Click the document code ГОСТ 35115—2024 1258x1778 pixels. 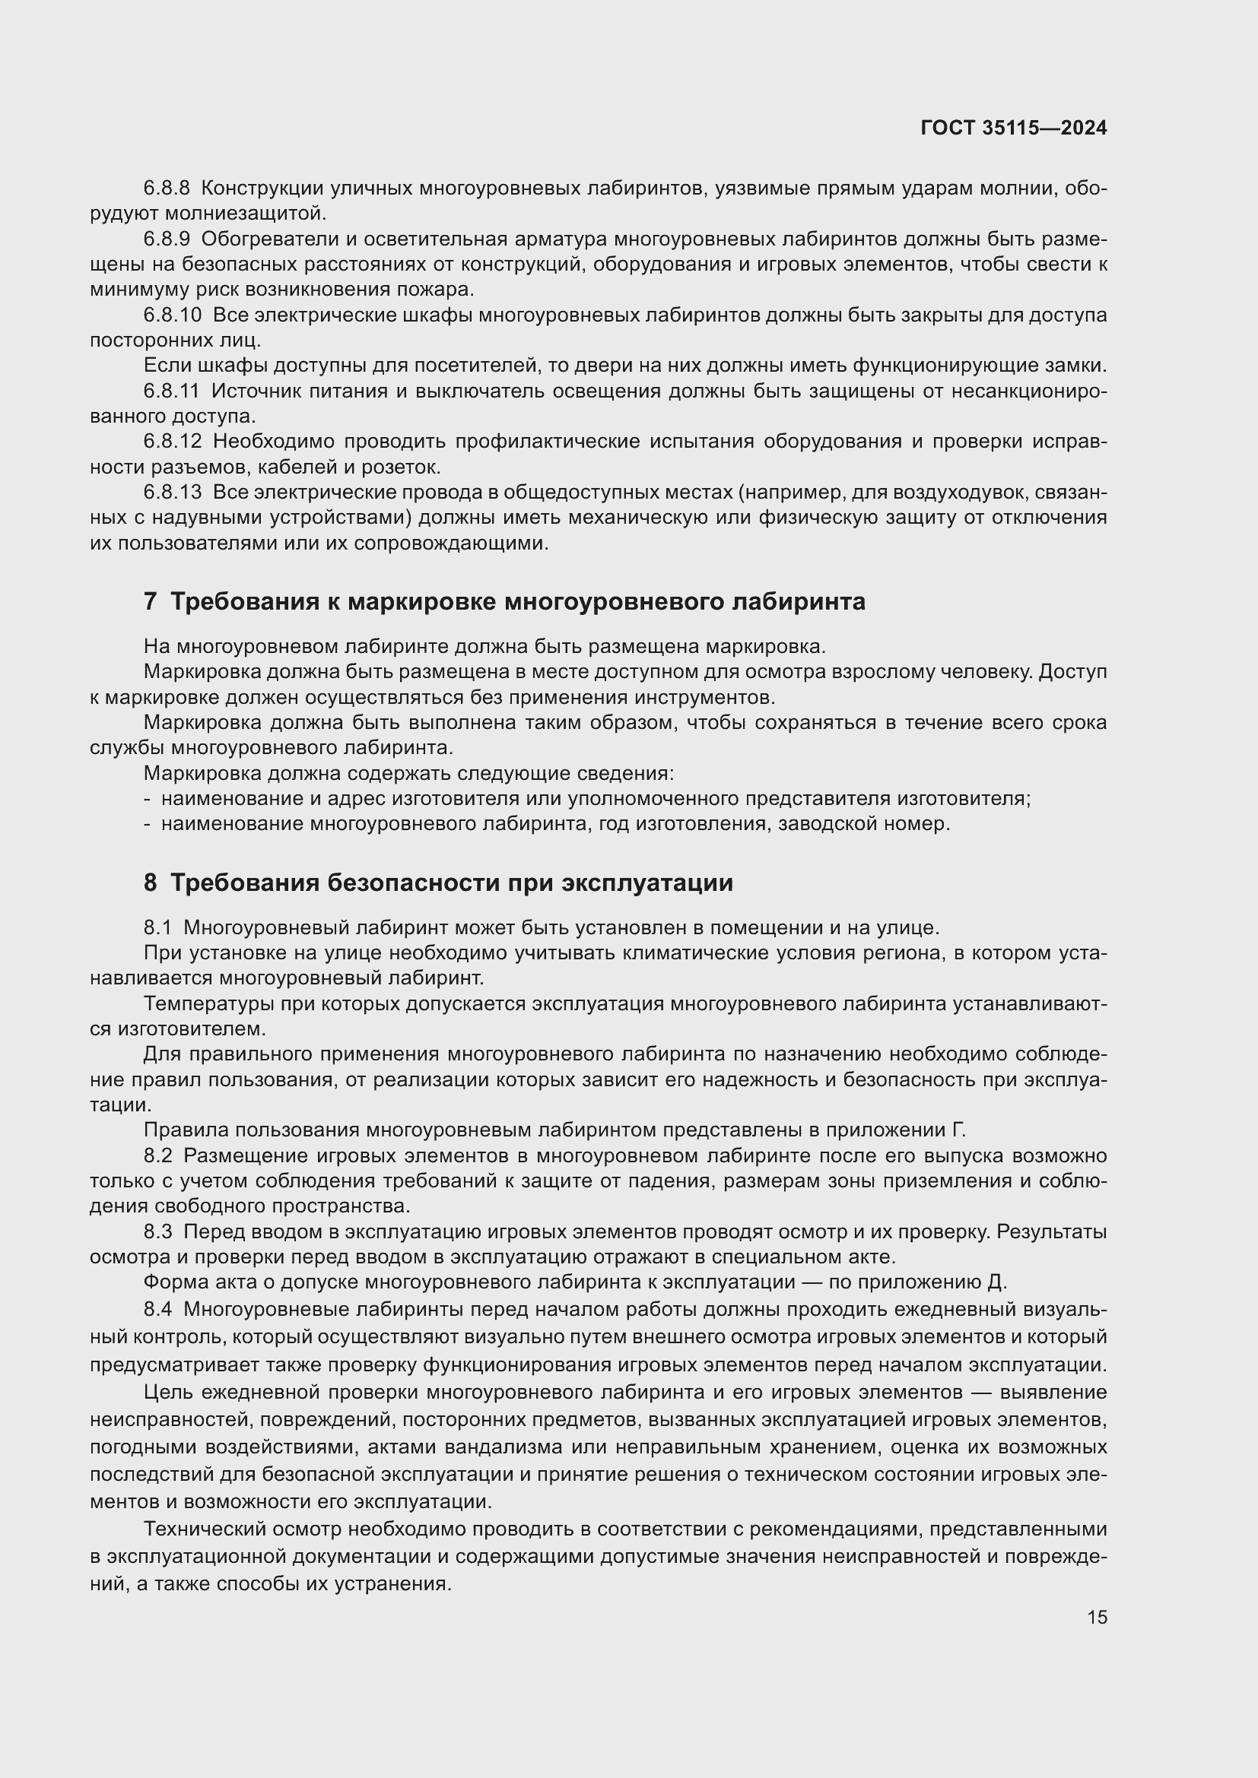click(1013, 128)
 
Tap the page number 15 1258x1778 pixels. click(1097, 1617)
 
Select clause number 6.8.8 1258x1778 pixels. click(167, 189)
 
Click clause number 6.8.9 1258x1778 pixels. click(167, 239)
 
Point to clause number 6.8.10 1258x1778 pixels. click(172, 315)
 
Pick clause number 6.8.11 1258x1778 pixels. click(171, 391)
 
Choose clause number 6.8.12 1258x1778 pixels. click(172, 442)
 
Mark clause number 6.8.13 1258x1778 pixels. click(172, 493)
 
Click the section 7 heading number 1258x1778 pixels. click(151, 602)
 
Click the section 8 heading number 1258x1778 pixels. click(151, 883)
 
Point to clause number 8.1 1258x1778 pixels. click(157, 927)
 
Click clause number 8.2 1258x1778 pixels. click(157, 1156)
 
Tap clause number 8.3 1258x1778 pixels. click(157, 1232)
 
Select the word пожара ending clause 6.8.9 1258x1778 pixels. click(443, 290)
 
